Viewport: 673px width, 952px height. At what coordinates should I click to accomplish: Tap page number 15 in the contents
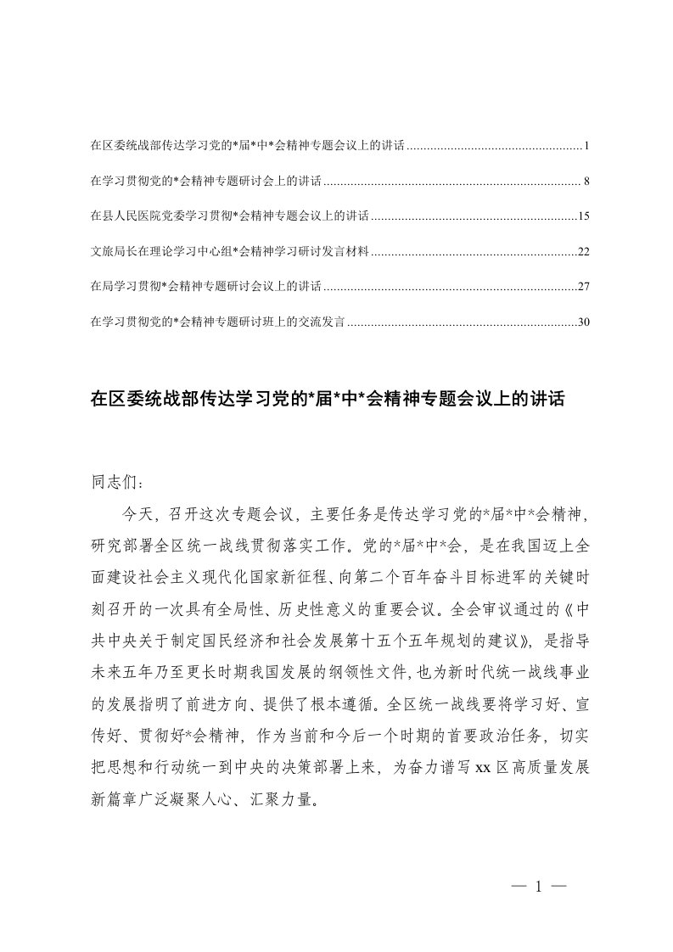tap(583, 217)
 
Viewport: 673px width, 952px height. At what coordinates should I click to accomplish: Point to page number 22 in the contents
tap(583, 252)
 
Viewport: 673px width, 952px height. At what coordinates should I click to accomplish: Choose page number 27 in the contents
tap(583, 287)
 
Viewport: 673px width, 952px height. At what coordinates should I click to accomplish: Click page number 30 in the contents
tap(583, 322)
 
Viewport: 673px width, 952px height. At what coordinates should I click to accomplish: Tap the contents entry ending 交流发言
tap(216, 322)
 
